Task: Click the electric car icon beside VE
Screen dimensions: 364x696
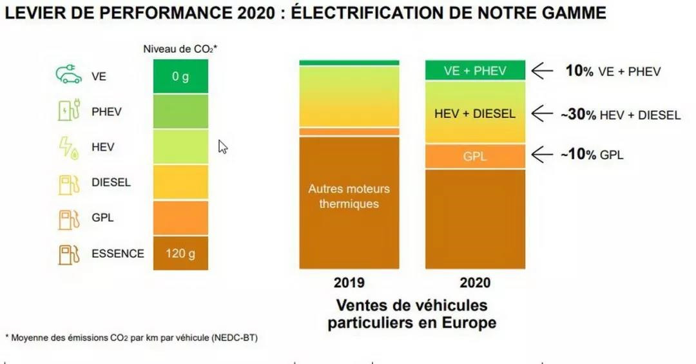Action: (x=69, y=75)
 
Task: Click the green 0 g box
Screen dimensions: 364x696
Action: (x=180, y=77)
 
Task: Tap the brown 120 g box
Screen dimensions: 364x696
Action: (x=180, y=253)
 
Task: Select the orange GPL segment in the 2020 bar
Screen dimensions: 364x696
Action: (x=475, y=155)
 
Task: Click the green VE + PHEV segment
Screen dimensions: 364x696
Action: (x=475, y=71)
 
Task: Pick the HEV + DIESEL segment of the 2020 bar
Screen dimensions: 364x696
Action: (x=475, y=113)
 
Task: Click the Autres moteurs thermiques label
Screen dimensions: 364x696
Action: (x=349, y=196)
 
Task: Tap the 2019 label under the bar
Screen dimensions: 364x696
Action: (x=349, y=283)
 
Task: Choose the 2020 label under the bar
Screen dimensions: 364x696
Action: (x=475, y=283)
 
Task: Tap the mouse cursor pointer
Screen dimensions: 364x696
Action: (x=222, y=146)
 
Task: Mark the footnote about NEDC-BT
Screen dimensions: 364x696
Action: (x=131, y=337)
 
